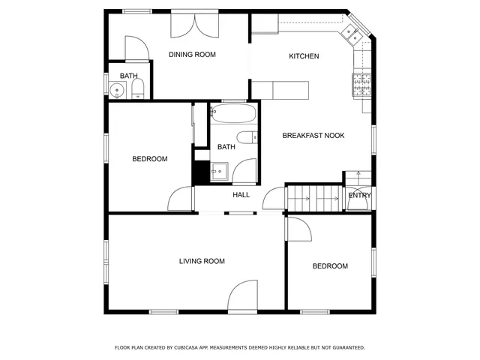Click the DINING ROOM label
[x=192, y=54]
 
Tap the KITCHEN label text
[x=304, y=56]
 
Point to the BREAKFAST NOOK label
[x=313, y=136]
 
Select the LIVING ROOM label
[x=202, y=261]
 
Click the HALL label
[x=241, y=195]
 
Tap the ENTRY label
[x=359, y=196]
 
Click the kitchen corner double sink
[x=352, y=32]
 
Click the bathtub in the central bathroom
[x=234, y=115]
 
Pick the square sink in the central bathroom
[x=218, y=172]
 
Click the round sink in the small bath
[x=117, y=91]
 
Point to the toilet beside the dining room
[x=137, y=91]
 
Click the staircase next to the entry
[x=314, y=199]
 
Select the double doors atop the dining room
[x=195, y=25]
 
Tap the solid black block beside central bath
[x=200, y=171]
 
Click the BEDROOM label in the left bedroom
[x=149, y=159]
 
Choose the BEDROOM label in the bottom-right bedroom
[x=330, y=266]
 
